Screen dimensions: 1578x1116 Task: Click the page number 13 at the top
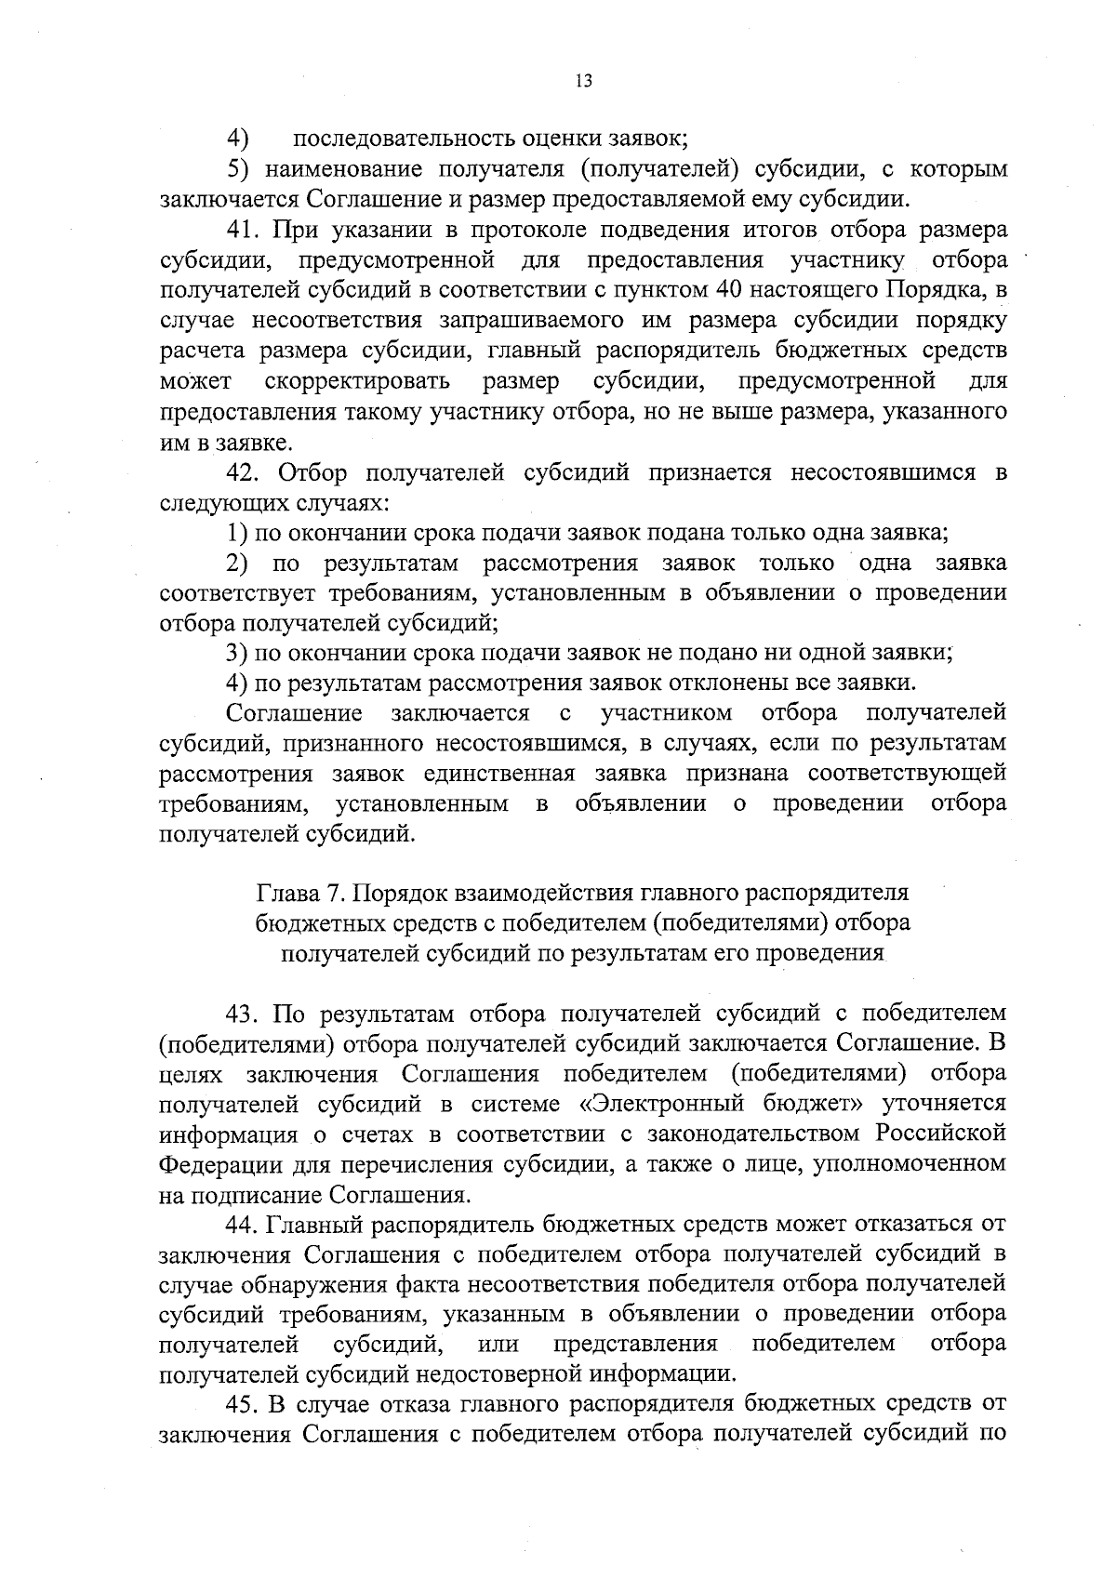point(583,81)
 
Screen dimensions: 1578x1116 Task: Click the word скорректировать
point(358,381)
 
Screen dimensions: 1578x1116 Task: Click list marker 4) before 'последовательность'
point(238,139)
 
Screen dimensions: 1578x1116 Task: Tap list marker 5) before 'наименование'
point(238,169)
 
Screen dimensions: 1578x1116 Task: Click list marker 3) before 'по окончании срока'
point(238,653)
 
